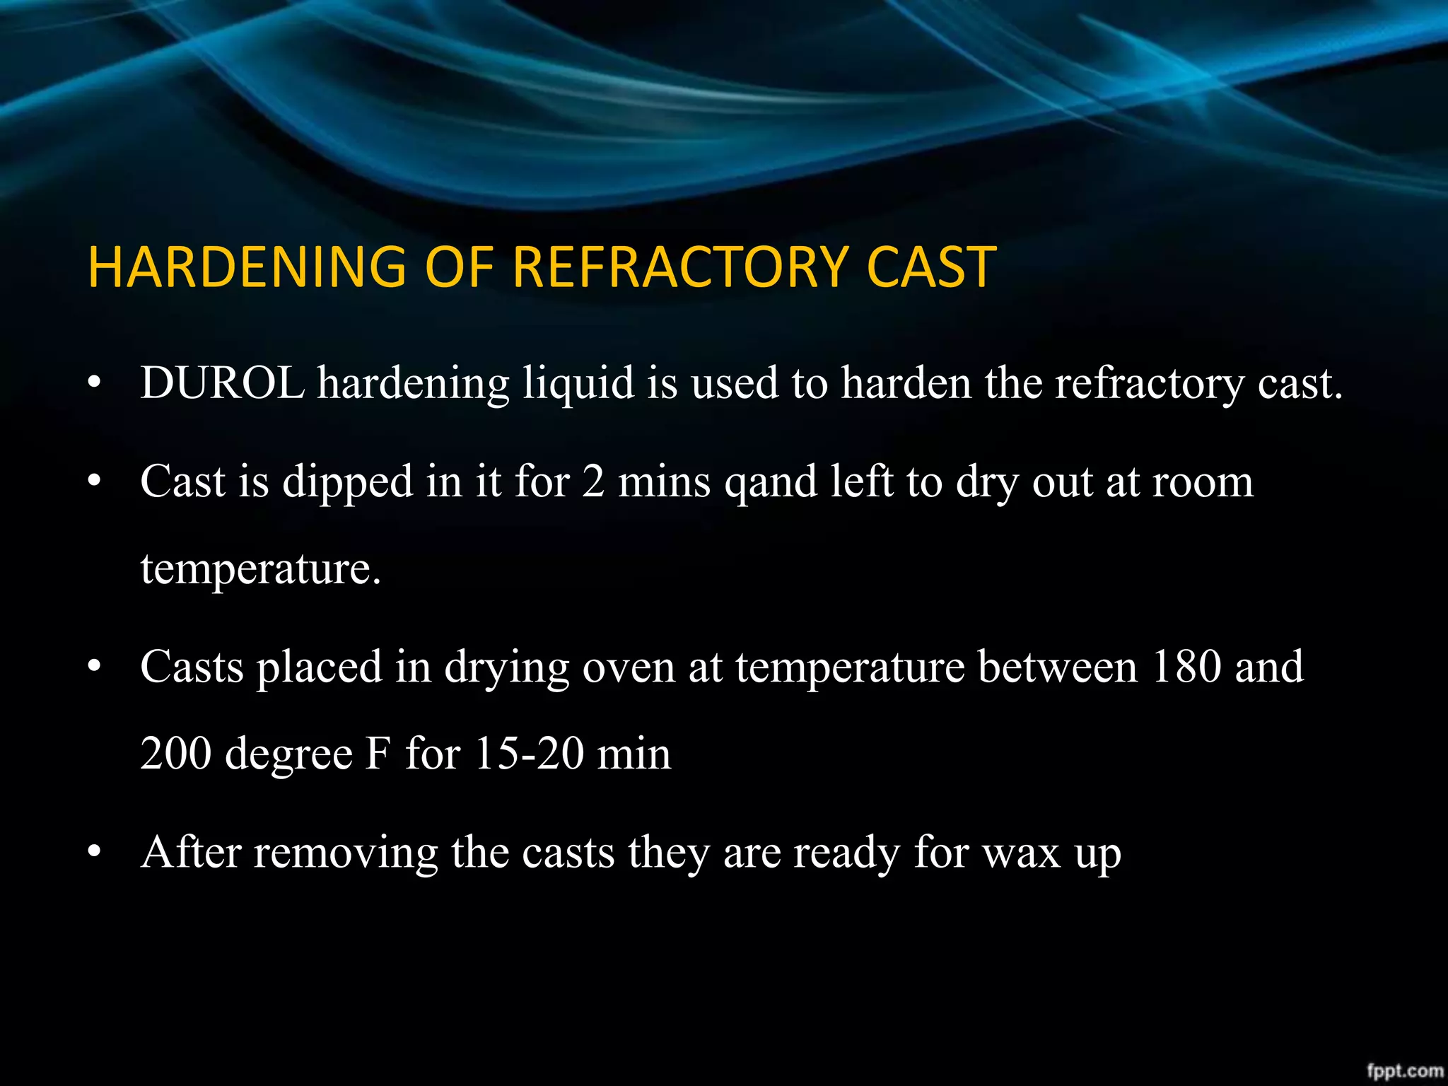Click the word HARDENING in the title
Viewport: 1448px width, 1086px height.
(x=247, y=267)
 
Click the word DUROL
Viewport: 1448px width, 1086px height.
(x=222, y=383)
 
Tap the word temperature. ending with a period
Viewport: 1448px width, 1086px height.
(x=260, y=569)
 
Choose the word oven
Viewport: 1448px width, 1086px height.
(x=629, y=667)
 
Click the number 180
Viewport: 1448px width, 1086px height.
(x=1186, y=666)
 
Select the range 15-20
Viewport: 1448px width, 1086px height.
(x=529, y=754)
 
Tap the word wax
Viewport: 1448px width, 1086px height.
(x=1022, y=853)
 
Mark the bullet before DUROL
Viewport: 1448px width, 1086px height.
(x=94, y=384)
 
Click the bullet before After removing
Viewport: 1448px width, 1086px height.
(x=94, y=853)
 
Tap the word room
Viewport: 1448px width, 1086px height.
(x=1203, y=483)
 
